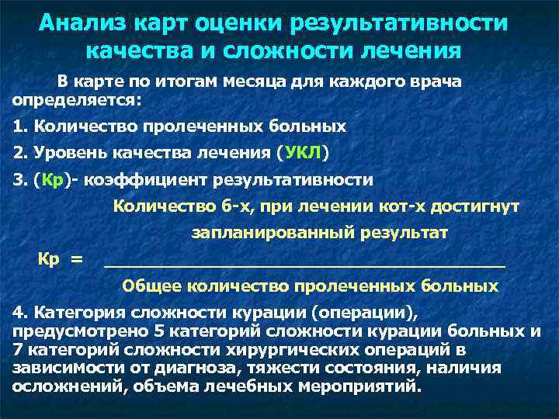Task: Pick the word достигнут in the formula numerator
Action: (478, 206)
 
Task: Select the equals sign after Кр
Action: (76, 258)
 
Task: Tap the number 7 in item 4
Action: (18, 350)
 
